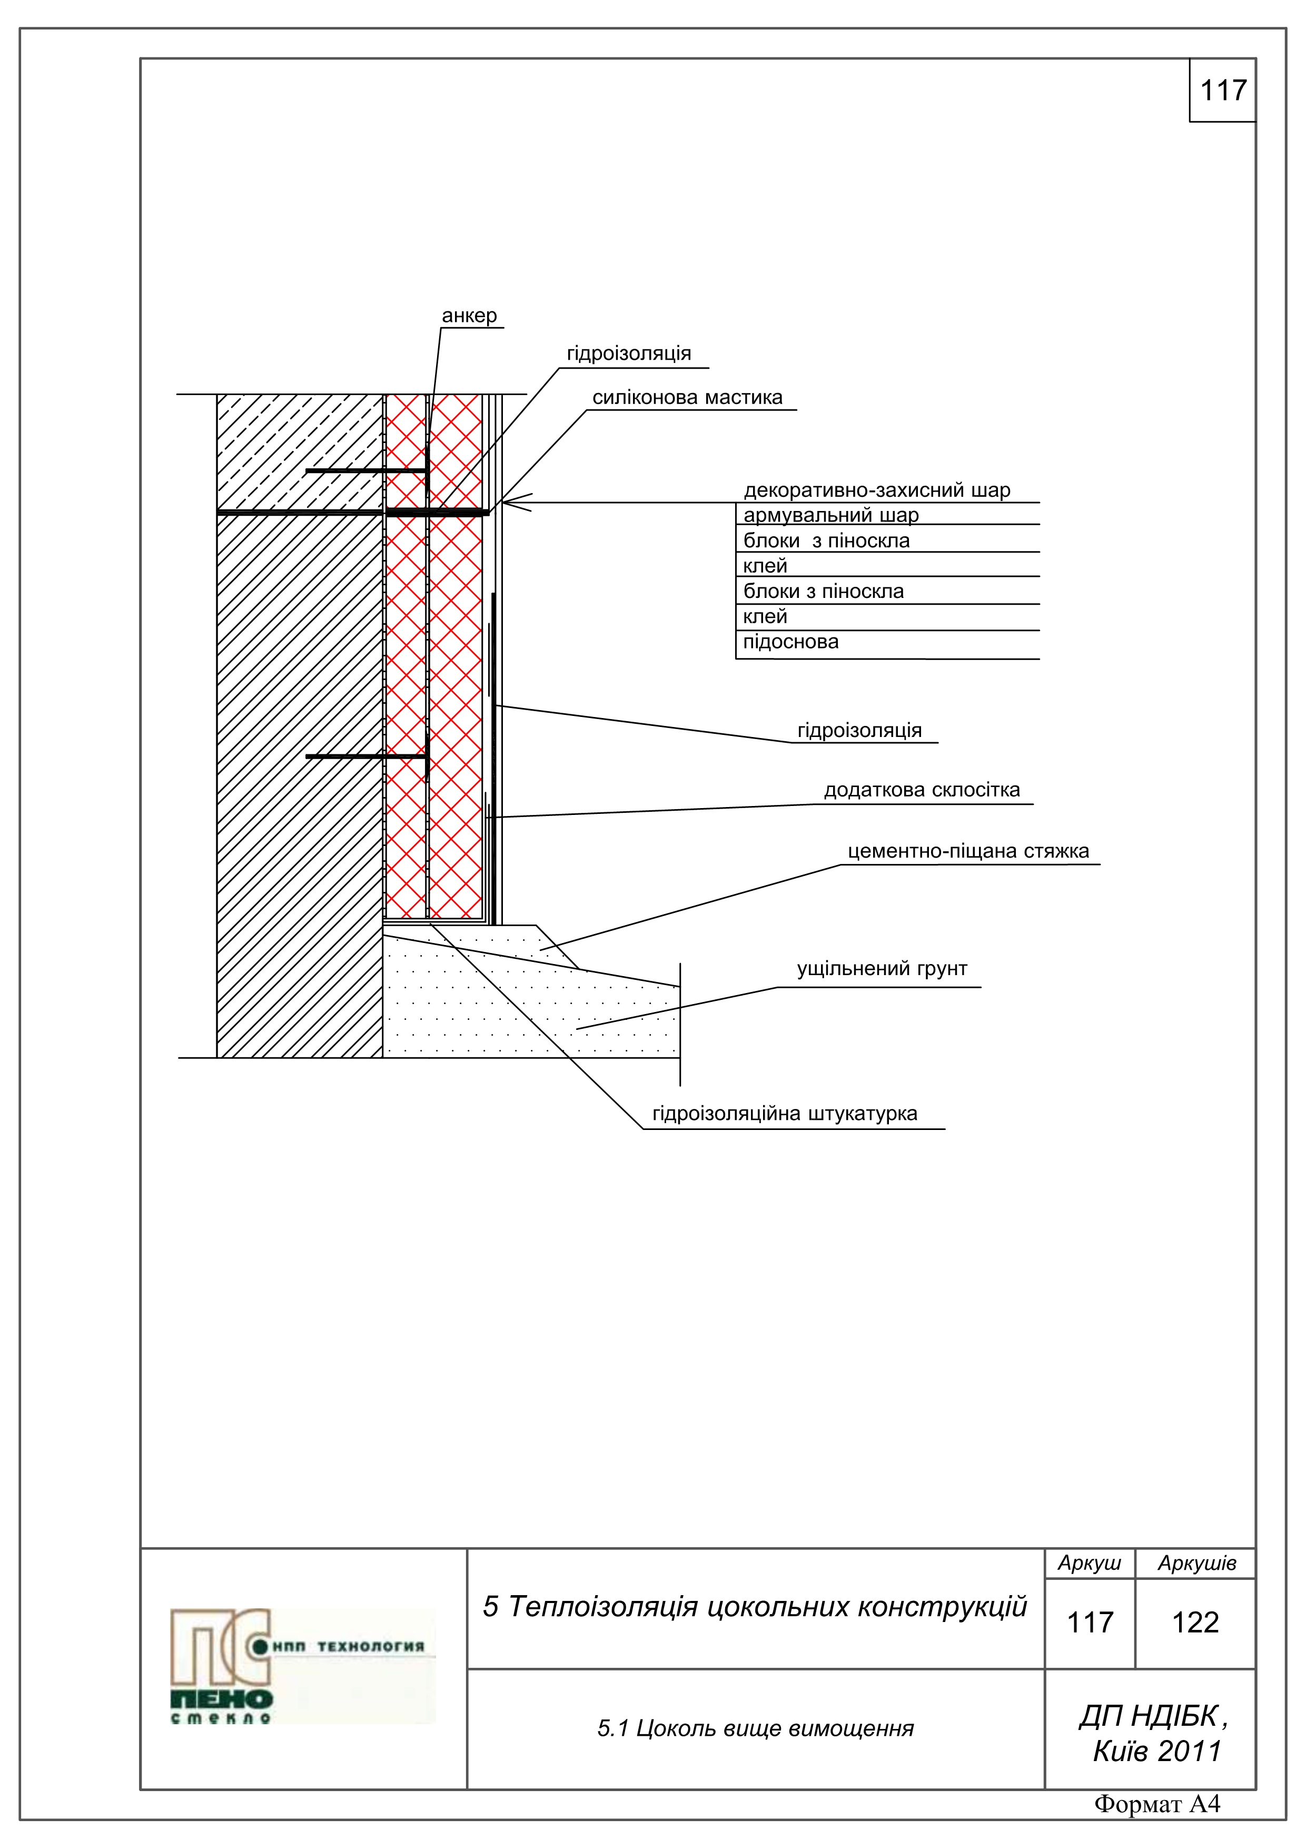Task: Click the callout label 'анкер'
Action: tap(469, 316)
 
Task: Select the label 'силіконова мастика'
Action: tap(687, 398)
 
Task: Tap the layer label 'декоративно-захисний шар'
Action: tap(876, 490)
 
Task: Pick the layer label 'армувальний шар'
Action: tap(830, 515)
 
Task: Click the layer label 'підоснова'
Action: tap(790, 642)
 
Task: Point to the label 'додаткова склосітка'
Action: tap(922, 790)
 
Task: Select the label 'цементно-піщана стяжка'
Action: tap(968, 851)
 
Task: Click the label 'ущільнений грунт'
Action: tap(882, 969)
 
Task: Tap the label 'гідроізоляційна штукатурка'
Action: tap(785, 1114)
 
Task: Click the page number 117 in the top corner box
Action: tap(1222, 90)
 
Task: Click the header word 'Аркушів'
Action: tap(1196, 1563)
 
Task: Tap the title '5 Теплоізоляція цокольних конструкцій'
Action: tap(755, 1607)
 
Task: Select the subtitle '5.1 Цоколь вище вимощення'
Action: tap(755, 1729)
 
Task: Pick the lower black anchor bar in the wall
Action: tap(366, 756)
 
